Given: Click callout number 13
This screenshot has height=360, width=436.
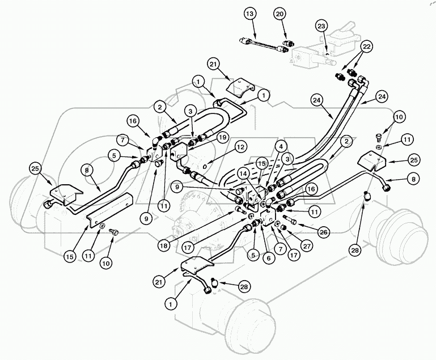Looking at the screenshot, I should pos(250,14).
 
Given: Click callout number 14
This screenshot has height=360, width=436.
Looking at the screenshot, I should pos(243,175).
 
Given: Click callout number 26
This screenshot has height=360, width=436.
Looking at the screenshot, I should pos(323,231).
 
